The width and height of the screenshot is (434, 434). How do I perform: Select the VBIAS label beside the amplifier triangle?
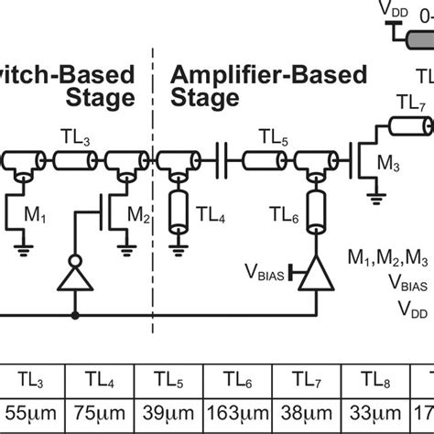(265, 271)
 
